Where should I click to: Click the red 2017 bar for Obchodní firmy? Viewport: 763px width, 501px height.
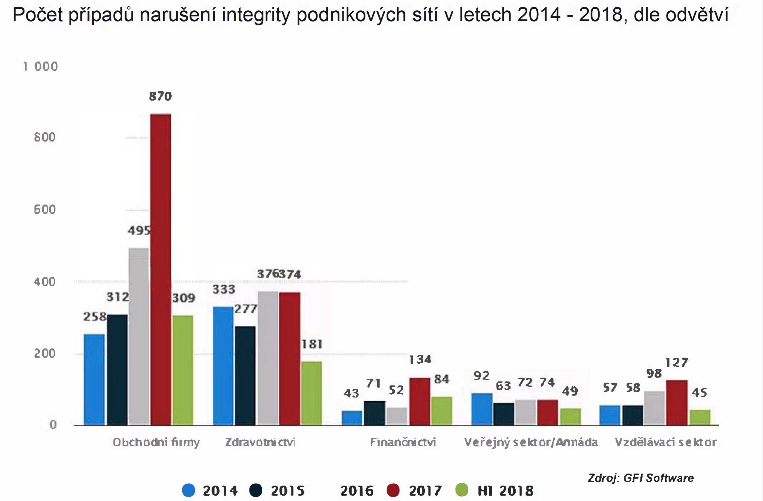[x=161, y=269]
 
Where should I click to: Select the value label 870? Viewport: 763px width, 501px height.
[x=160, y=96]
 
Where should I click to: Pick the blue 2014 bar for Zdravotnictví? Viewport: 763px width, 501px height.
[x=223, y=366]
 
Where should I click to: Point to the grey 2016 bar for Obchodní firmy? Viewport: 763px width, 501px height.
[x=139, y=336]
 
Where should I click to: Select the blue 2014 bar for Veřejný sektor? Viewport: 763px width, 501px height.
[x=482, y=409]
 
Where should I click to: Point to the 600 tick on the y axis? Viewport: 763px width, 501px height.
[x=45, y=210]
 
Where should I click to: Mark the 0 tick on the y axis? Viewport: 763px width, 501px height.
[x=53, y=425]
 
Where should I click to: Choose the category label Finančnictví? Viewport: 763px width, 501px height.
[x=403, y=442]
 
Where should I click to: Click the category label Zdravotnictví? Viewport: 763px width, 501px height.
[x=260, y=442]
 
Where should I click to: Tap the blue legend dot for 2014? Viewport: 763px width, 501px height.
[x=189, y=491]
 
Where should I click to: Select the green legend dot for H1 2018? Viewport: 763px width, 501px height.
[x=462, y=491]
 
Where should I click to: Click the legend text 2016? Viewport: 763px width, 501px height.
[x=357, y=491]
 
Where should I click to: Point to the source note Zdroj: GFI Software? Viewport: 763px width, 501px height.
[x=641, y=478]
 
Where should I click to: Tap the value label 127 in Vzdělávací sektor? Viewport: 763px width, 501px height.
[x=676, y=363]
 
